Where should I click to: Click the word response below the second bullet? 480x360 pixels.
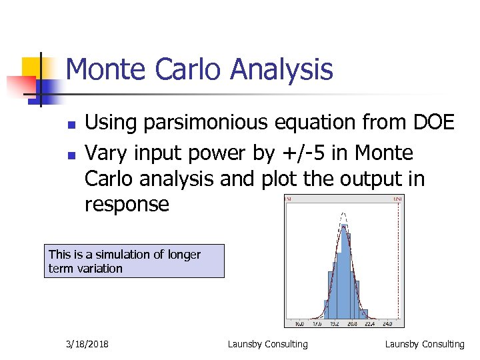pyautogui.click(x=127, y=204)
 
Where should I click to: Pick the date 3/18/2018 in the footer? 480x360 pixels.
pyautogui.click(x=87, y=344)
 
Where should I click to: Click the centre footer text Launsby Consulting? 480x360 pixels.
pyautogui.click(x=268, y=344)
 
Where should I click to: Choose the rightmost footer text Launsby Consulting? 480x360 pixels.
pyautogui.click(x=425, y=344)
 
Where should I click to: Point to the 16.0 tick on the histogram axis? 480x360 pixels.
pyautogui.click(x=299, y=324)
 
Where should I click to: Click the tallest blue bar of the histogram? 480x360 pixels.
pyautogui.click(x=345, y=273)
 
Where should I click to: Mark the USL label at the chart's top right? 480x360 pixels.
pyautogui.click(x=399, y=198)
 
